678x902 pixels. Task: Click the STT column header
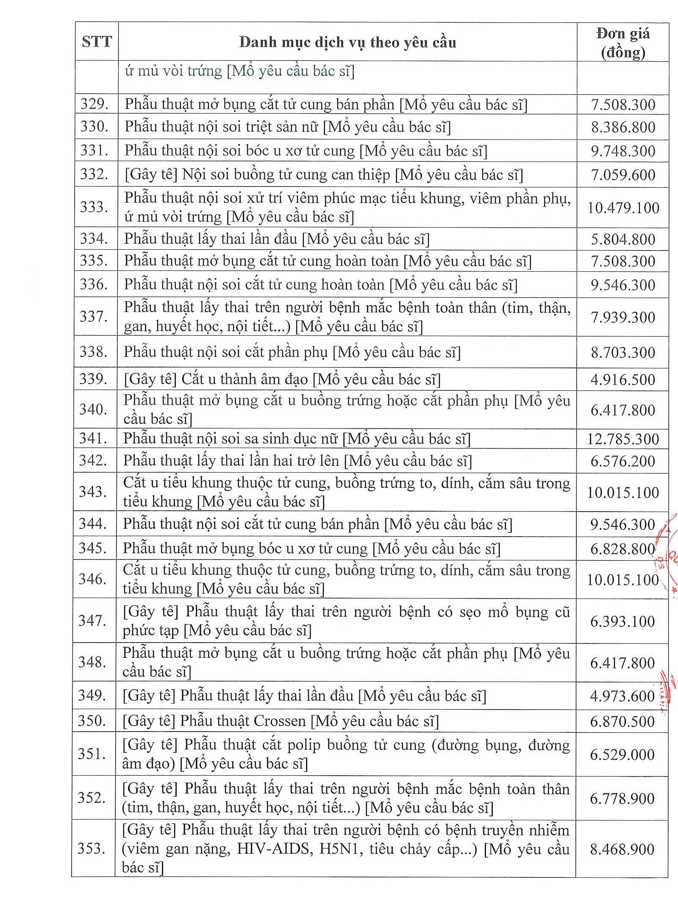(97, 42)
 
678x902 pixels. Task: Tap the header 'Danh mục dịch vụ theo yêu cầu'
(347, 42)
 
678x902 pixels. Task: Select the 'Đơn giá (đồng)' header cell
(623, 43)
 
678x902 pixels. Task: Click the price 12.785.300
(623, 439)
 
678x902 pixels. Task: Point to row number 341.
(94, 438)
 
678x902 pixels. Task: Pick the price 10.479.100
(623, 208)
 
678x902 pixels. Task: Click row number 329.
(95, 104)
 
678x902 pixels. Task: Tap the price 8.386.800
(623, 127)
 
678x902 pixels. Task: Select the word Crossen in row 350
(279, 721)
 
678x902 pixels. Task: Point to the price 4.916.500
(623, 380)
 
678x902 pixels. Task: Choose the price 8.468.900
(622, 849)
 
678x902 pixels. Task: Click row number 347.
(92, 621)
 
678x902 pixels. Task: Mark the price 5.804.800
(623, 239)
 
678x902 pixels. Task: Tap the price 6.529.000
(622, 754)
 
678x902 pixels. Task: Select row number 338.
(94, 352)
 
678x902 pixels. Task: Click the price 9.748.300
(623, 151)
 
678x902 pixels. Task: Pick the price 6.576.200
(622, 461)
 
